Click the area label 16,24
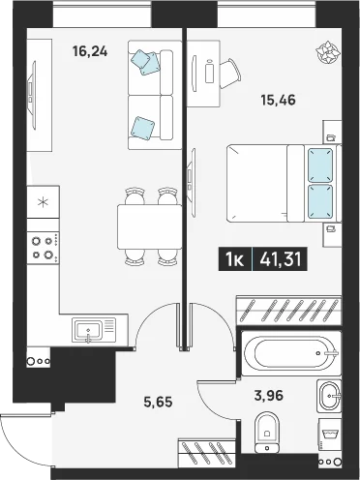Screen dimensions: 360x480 tap(90, 51)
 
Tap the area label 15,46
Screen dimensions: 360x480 tap(278, 100)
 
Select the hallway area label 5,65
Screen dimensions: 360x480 tap(158, 402)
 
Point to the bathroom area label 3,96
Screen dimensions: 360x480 tap(269, 395)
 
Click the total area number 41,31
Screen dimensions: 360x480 tap(281, 259)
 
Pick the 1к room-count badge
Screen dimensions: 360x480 tap(235, 259)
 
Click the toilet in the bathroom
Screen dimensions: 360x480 tap(267, 432)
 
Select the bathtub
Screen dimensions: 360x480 tap(291, 353)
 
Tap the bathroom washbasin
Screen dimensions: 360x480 tap(329, 396)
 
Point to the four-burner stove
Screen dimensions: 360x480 tap(43, 248)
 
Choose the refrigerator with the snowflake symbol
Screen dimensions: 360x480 tap(43, 202)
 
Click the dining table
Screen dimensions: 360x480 tap(150, 226)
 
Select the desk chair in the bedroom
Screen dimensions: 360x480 tap(230, 74)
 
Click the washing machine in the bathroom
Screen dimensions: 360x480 tap(330, 435)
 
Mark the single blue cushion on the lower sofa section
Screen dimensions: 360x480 tap(142, 129)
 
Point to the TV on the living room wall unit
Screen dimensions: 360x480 tap(32, 95)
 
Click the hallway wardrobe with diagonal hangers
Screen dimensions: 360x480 tap(207, 453)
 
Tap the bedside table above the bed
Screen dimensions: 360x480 tap(332, 132)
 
